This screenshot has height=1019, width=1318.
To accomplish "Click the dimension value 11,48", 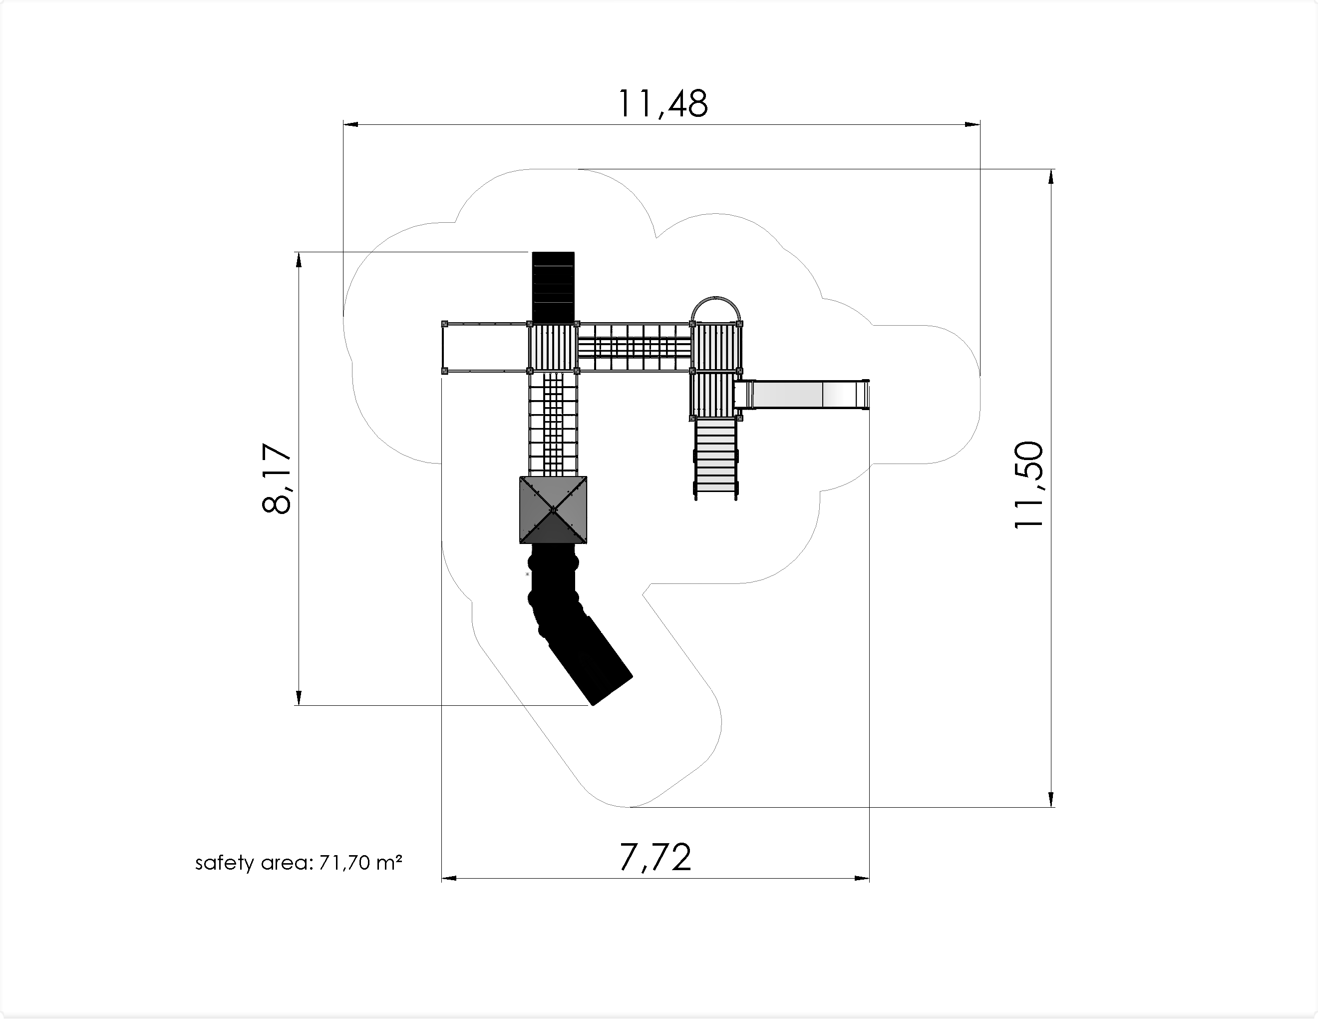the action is [x=662, y=103].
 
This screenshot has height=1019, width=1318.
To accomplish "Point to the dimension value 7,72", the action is [x=655, y=857].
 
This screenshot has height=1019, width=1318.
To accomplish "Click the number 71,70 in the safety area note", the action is [x=344, y=863].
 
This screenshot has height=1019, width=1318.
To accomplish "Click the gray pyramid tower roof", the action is [x=553, y=509].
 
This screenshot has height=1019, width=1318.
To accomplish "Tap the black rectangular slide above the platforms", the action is [x=553, y=287].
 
